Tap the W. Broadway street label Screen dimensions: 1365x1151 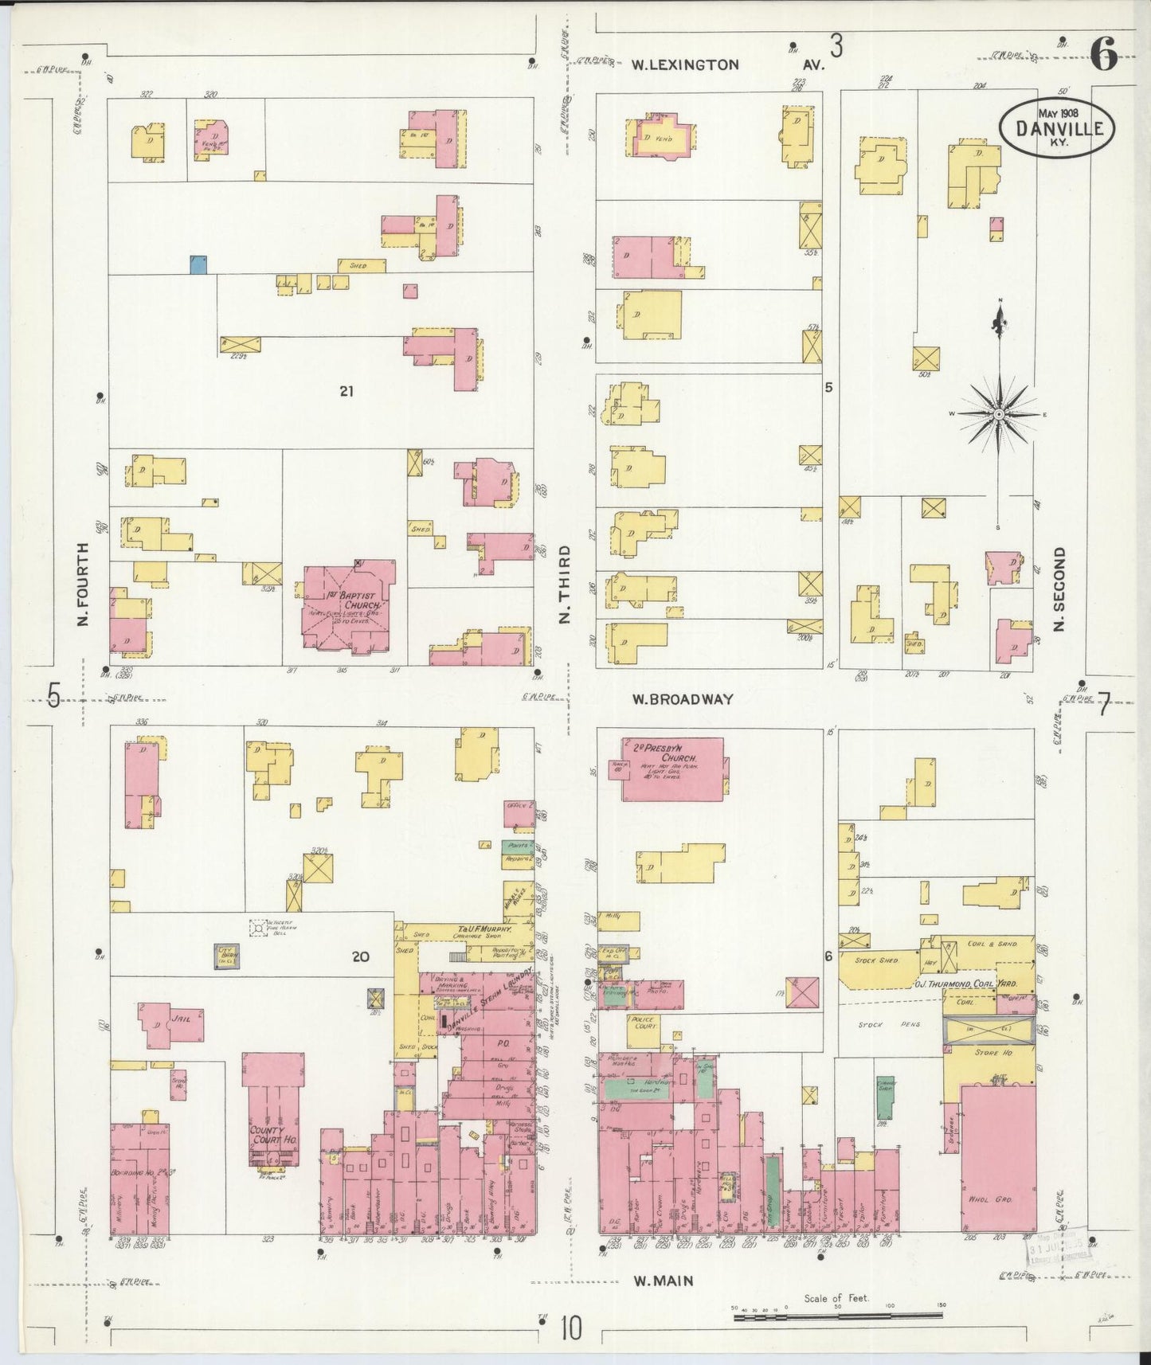[x=682, y=699]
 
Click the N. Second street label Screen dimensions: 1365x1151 [x=1059, y=589]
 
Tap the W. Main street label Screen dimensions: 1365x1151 [x=663, y=1281]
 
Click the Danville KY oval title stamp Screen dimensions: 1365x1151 [x=1056, y=127]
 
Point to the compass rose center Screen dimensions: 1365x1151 [x=999, y=415]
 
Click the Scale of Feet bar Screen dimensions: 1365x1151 [x=838, y=1317]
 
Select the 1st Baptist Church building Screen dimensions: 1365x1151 [x=347, y=609]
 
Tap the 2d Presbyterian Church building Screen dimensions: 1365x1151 [x=673, y=769]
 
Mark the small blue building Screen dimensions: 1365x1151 [x=198, y=264]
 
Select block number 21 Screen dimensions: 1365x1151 [x=346, y=391]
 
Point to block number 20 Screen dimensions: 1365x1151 [x=361, y=956]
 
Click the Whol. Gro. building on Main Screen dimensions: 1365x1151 [x=999, y=1156]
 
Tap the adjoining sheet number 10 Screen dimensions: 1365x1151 [x=570, y=1328]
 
